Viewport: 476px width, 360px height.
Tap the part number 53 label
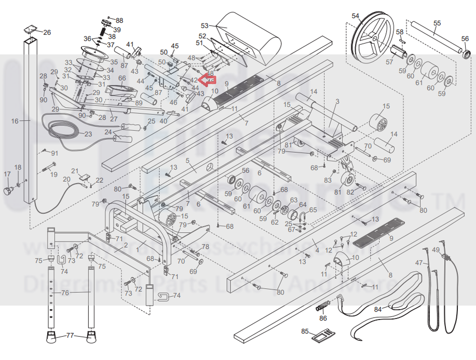pos(204,25)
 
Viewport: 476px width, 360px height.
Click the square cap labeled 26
pos(31,29)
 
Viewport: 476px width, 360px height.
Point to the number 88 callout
pos(119,20)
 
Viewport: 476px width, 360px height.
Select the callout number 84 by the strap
pos(377,310)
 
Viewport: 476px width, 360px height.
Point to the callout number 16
pos(15,121)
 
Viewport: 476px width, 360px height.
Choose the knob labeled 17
pos(8,190)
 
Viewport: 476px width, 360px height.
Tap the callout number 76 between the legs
pos(65,293)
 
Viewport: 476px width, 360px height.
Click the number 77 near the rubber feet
pos(70,336)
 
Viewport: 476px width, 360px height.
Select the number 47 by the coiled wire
pos(418,263)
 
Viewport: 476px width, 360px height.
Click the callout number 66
pos(122,79)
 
